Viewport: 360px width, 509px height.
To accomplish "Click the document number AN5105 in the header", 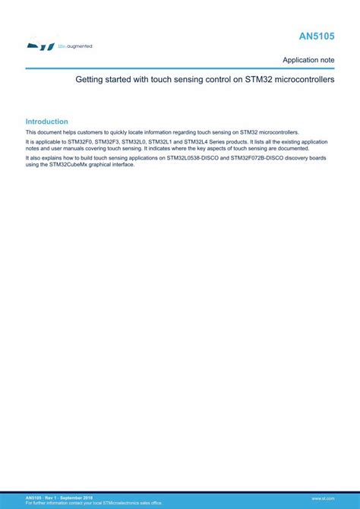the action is [x=317, y=36].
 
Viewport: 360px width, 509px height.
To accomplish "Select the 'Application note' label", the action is [x=308, y=59].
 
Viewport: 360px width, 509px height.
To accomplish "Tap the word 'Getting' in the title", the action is [x=90, y=79].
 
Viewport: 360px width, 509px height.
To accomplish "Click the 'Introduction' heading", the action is [x=46, y=122].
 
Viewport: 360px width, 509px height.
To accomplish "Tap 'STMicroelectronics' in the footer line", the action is [x=115, y=502].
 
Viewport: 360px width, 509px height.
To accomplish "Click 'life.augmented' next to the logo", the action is [x=75, y=46].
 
